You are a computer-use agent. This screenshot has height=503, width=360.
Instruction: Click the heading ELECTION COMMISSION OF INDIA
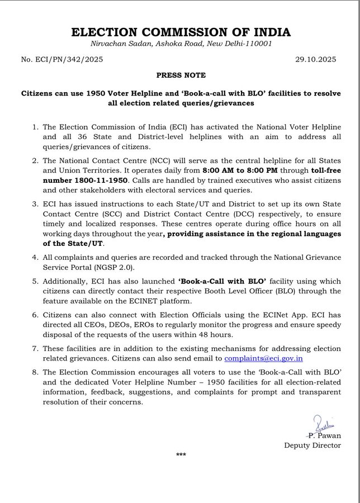coord(181,32)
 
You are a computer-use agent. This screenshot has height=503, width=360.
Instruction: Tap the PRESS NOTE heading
coord(181,75)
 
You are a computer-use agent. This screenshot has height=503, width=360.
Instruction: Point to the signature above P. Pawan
coord(321,424)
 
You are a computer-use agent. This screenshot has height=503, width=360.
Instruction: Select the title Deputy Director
coord(312,445)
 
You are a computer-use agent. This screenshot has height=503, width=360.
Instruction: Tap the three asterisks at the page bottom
coord(181,455)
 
